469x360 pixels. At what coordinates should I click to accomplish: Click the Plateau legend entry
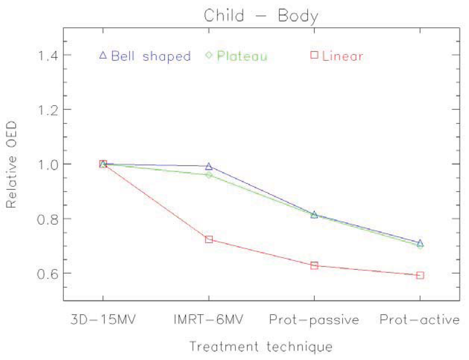coord(236,56)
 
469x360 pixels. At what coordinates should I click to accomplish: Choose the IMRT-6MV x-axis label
coord(209,320)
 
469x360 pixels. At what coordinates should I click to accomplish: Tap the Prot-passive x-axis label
coord(314,320)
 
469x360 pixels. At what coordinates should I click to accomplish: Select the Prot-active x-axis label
coord(420,320)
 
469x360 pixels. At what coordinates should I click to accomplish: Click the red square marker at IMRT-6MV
coord(209,240)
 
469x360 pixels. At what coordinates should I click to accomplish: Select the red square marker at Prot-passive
coord(314,266)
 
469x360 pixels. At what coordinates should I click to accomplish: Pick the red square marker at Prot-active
coord(420,275)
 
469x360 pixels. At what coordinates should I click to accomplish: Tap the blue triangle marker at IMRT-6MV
coord(209,166)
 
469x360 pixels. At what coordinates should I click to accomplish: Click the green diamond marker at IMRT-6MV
coord(209,175)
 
